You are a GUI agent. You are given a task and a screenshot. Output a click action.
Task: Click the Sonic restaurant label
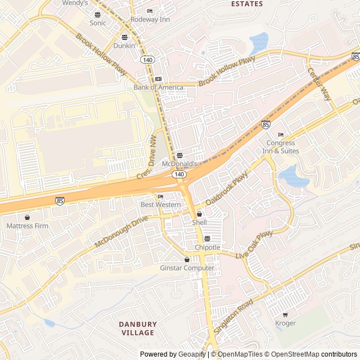pyautogui.click(x=97, y=23)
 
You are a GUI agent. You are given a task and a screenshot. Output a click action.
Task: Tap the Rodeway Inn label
pyautogui.click(x=150, y=19)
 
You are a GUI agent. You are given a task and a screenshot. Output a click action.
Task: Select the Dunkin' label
pyautogui.click(x=125, y=46)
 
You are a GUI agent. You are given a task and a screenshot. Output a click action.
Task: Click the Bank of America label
pyautogui.click(x=158, y=87)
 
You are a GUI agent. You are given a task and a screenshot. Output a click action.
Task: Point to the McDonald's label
pyautogui.click(x=179, y=163)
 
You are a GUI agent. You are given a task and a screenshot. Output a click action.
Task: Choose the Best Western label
pyautogui.click(x=160, y=205)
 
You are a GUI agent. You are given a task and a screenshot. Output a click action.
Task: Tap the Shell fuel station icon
pyautogui.click(x=199, y=214)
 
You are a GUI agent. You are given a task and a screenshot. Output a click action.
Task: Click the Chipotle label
pyautogui.click(x=207, y=247)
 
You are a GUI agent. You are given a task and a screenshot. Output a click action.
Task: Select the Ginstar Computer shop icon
pyautogui.click(x=187, y=259)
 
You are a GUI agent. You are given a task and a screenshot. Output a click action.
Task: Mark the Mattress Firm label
pyautogui.click(x=27, y=226)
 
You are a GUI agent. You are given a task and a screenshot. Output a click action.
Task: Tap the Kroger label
pyautogui.click(x=285, y=323)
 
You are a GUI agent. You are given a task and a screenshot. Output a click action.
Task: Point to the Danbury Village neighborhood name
pyautogui.click(x=138, y=328)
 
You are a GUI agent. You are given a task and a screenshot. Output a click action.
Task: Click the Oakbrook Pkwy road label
pyautogui.click(x=226, y=188)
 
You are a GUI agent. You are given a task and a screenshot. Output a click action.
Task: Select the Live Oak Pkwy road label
pyautogui.click(x=254, y=245)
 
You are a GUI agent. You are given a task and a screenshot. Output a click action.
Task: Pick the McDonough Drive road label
pyautogui.click(x=121, y=231)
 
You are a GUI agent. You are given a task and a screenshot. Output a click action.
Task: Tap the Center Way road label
pyautogui.click(x=319, y=84)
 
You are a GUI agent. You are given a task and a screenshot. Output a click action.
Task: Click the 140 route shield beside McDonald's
pyautogui.click(x=179, y=175)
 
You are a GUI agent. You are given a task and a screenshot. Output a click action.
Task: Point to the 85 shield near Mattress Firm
pyautogui.click(x=60, y=200)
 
